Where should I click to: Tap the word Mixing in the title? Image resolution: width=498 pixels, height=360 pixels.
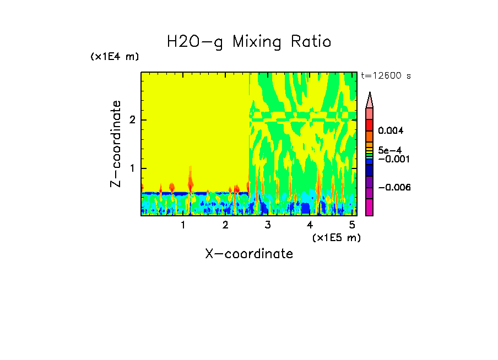pos(257,42)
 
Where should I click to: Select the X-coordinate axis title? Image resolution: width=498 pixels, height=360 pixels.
pos(249,254)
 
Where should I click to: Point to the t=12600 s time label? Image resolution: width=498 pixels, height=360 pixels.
pos(386,76)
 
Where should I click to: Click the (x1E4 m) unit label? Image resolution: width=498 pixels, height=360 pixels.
pos(115,57)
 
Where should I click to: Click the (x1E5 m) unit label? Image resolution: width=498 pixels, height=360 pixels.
pos(336,237)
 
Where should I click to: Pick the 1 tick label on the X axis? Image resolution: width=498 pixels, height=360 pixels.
pos(183,225)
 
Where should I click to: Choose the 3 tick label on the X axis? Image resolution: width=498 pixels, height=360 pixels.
pos(268,225)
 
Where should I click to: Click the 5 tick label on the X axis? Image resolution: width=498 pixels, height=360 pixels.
pos(352,225)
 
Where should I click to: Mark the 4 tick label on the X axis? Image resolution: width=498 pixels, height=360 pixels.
pos(310,225)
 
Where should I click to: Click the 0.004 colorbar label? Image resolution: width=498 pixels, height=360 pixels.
pos(391,130)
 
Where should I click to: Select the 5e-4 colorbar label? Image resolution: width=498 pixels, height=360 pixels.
pos(390,150)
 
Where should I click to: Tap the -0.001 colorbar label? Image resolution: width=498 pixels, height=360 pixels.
pos(393,159)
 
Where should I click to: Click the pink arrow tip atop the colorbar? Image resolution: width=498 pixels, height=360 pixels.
pos(369,100)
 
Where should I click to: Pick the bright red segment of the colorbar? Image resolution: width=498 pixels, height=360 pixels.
pos(369,125)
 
